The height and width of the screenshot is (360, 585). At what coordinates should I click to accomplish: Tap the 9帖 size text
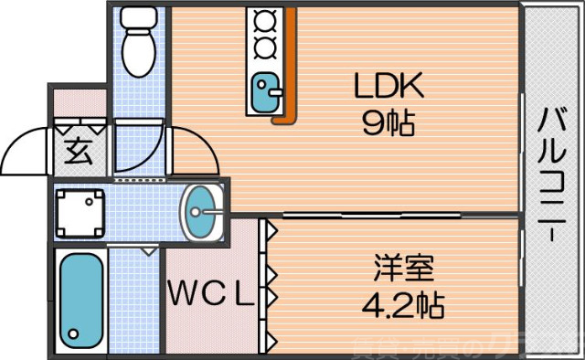[x=388, y=122]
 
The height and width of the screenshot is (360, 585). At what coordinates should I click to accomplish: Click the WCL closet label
[x=209, y=294]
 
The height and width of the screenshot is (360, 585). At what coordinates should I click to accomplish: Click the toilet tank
[x=139, y=18]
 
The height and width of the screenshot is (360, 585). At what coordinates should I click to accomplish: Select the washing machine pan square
[x=79, y=213]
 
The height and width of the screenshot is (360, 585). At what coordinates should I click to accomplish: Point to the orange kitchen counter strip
[x=289, y=64]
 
